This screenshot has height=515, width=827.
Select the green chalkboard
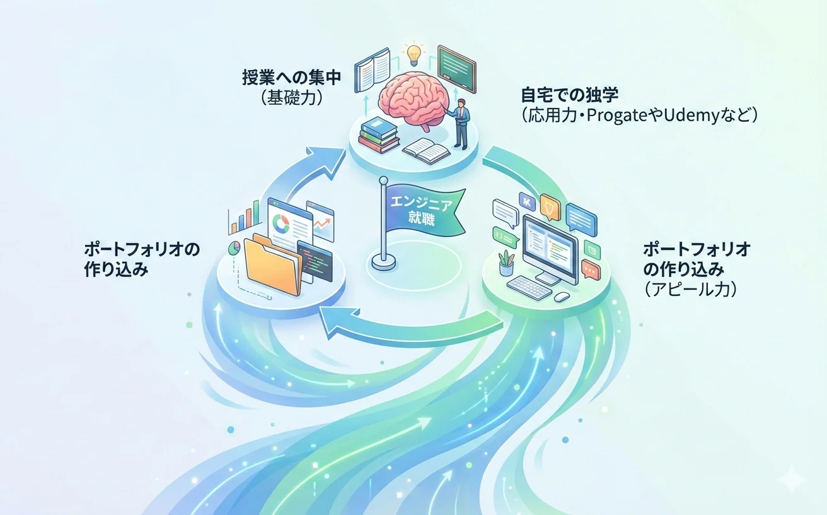pos(456,69)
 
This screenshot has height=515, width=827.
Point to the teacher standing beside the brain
pos(460,124)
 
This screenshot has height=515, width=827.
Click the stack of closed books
pos(379,135)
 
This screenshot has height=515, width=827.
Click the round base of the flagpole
pos(384,262)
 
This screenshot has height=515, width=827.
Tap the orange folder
pos(272,266)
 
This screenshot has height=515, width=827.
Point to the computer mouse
pos(562,297)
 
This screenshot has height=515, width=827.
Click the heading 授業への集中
pos(292,78)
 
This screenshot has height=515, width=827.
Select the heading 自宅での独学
pos(570,95)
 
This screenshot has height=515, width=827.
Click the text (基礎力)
pos(292,98)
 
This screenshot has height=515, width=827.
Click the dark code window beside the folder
pos(315,261)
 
